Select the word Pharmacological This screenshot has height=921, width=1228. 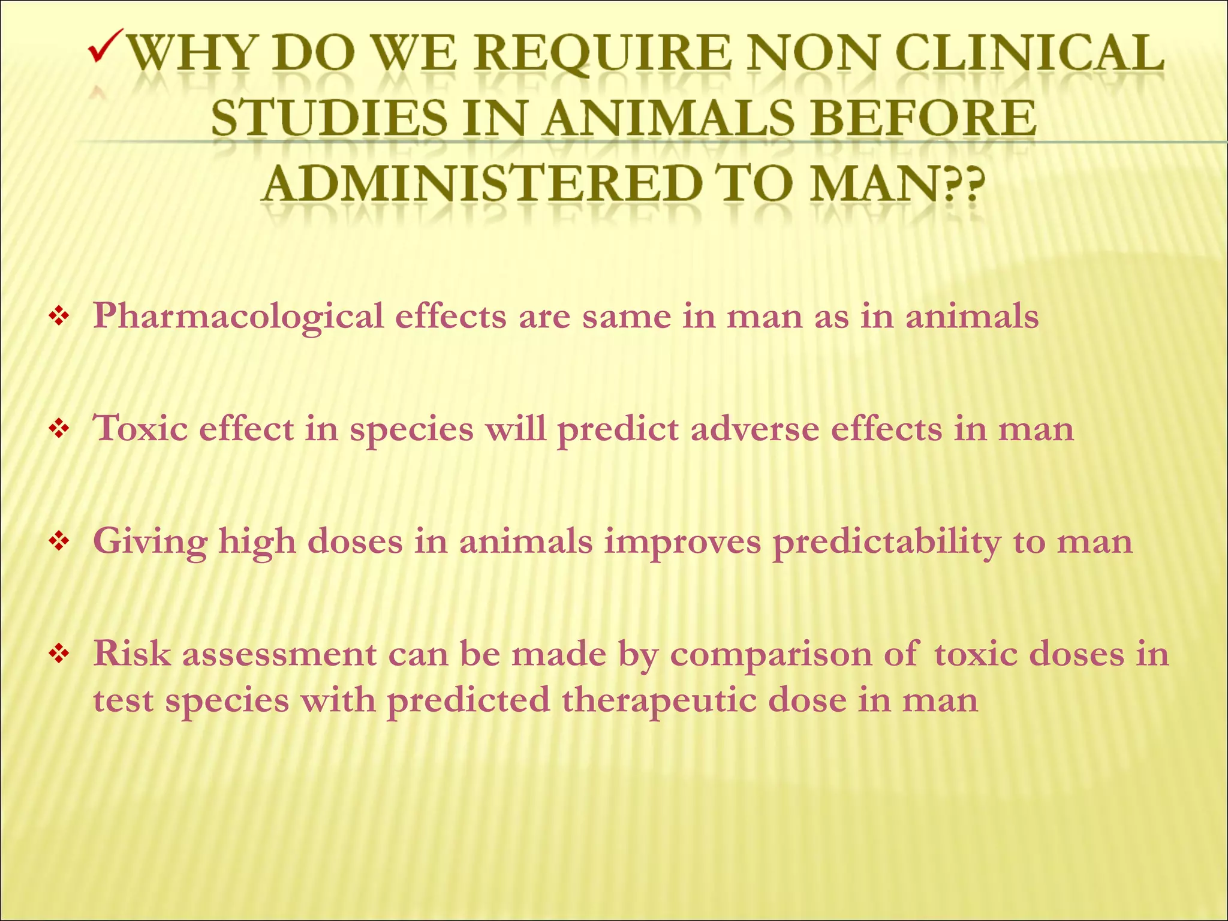pos(239,317)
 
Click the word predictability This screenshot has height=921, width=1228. pos(887,543)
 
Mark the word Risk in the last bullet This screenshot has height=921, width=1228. pos(132,654)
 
